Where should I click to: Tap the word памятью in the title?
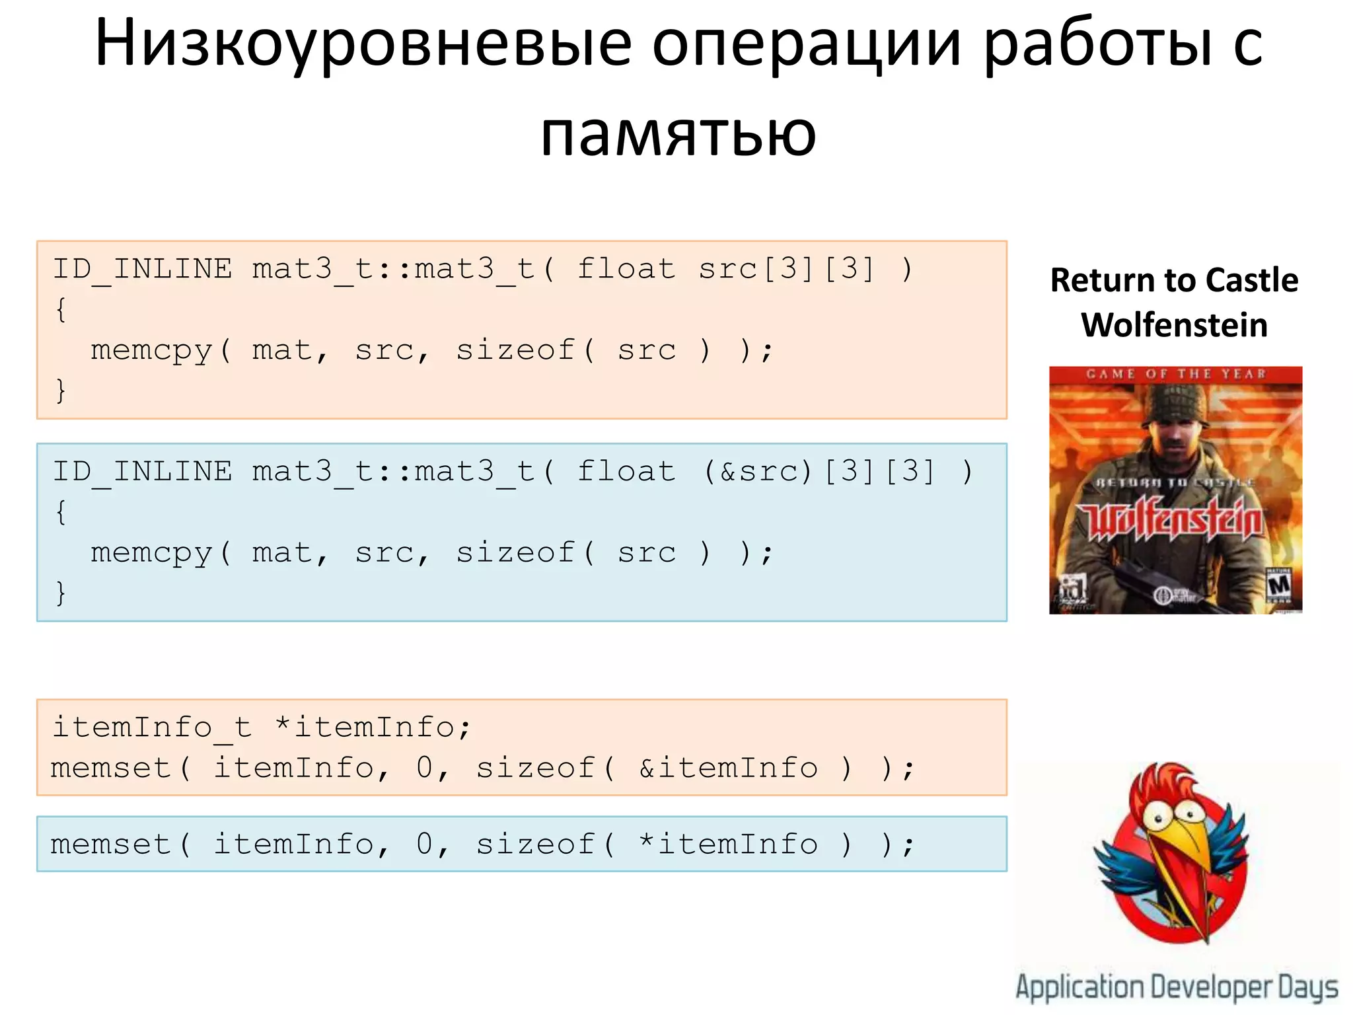(678, 134)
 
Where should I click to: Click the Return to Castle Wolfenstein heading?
(1174, 302)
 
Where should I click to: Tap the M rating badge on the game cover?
(1279, 585)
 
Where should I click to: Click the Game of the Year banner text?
(1176, 374)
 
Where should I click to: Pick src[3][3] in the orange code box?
(786, 269)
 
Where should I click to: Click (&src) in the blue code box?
(758, 472)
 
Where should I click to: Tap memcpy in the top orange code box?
(152, 350)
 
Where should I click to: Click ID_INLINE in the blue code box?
(143, 472)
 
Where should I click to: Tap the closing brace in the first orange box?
(61, 390)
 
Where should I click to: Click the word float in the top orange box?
(626, 269)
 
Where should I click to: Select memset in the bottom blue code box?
(111, 845)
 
